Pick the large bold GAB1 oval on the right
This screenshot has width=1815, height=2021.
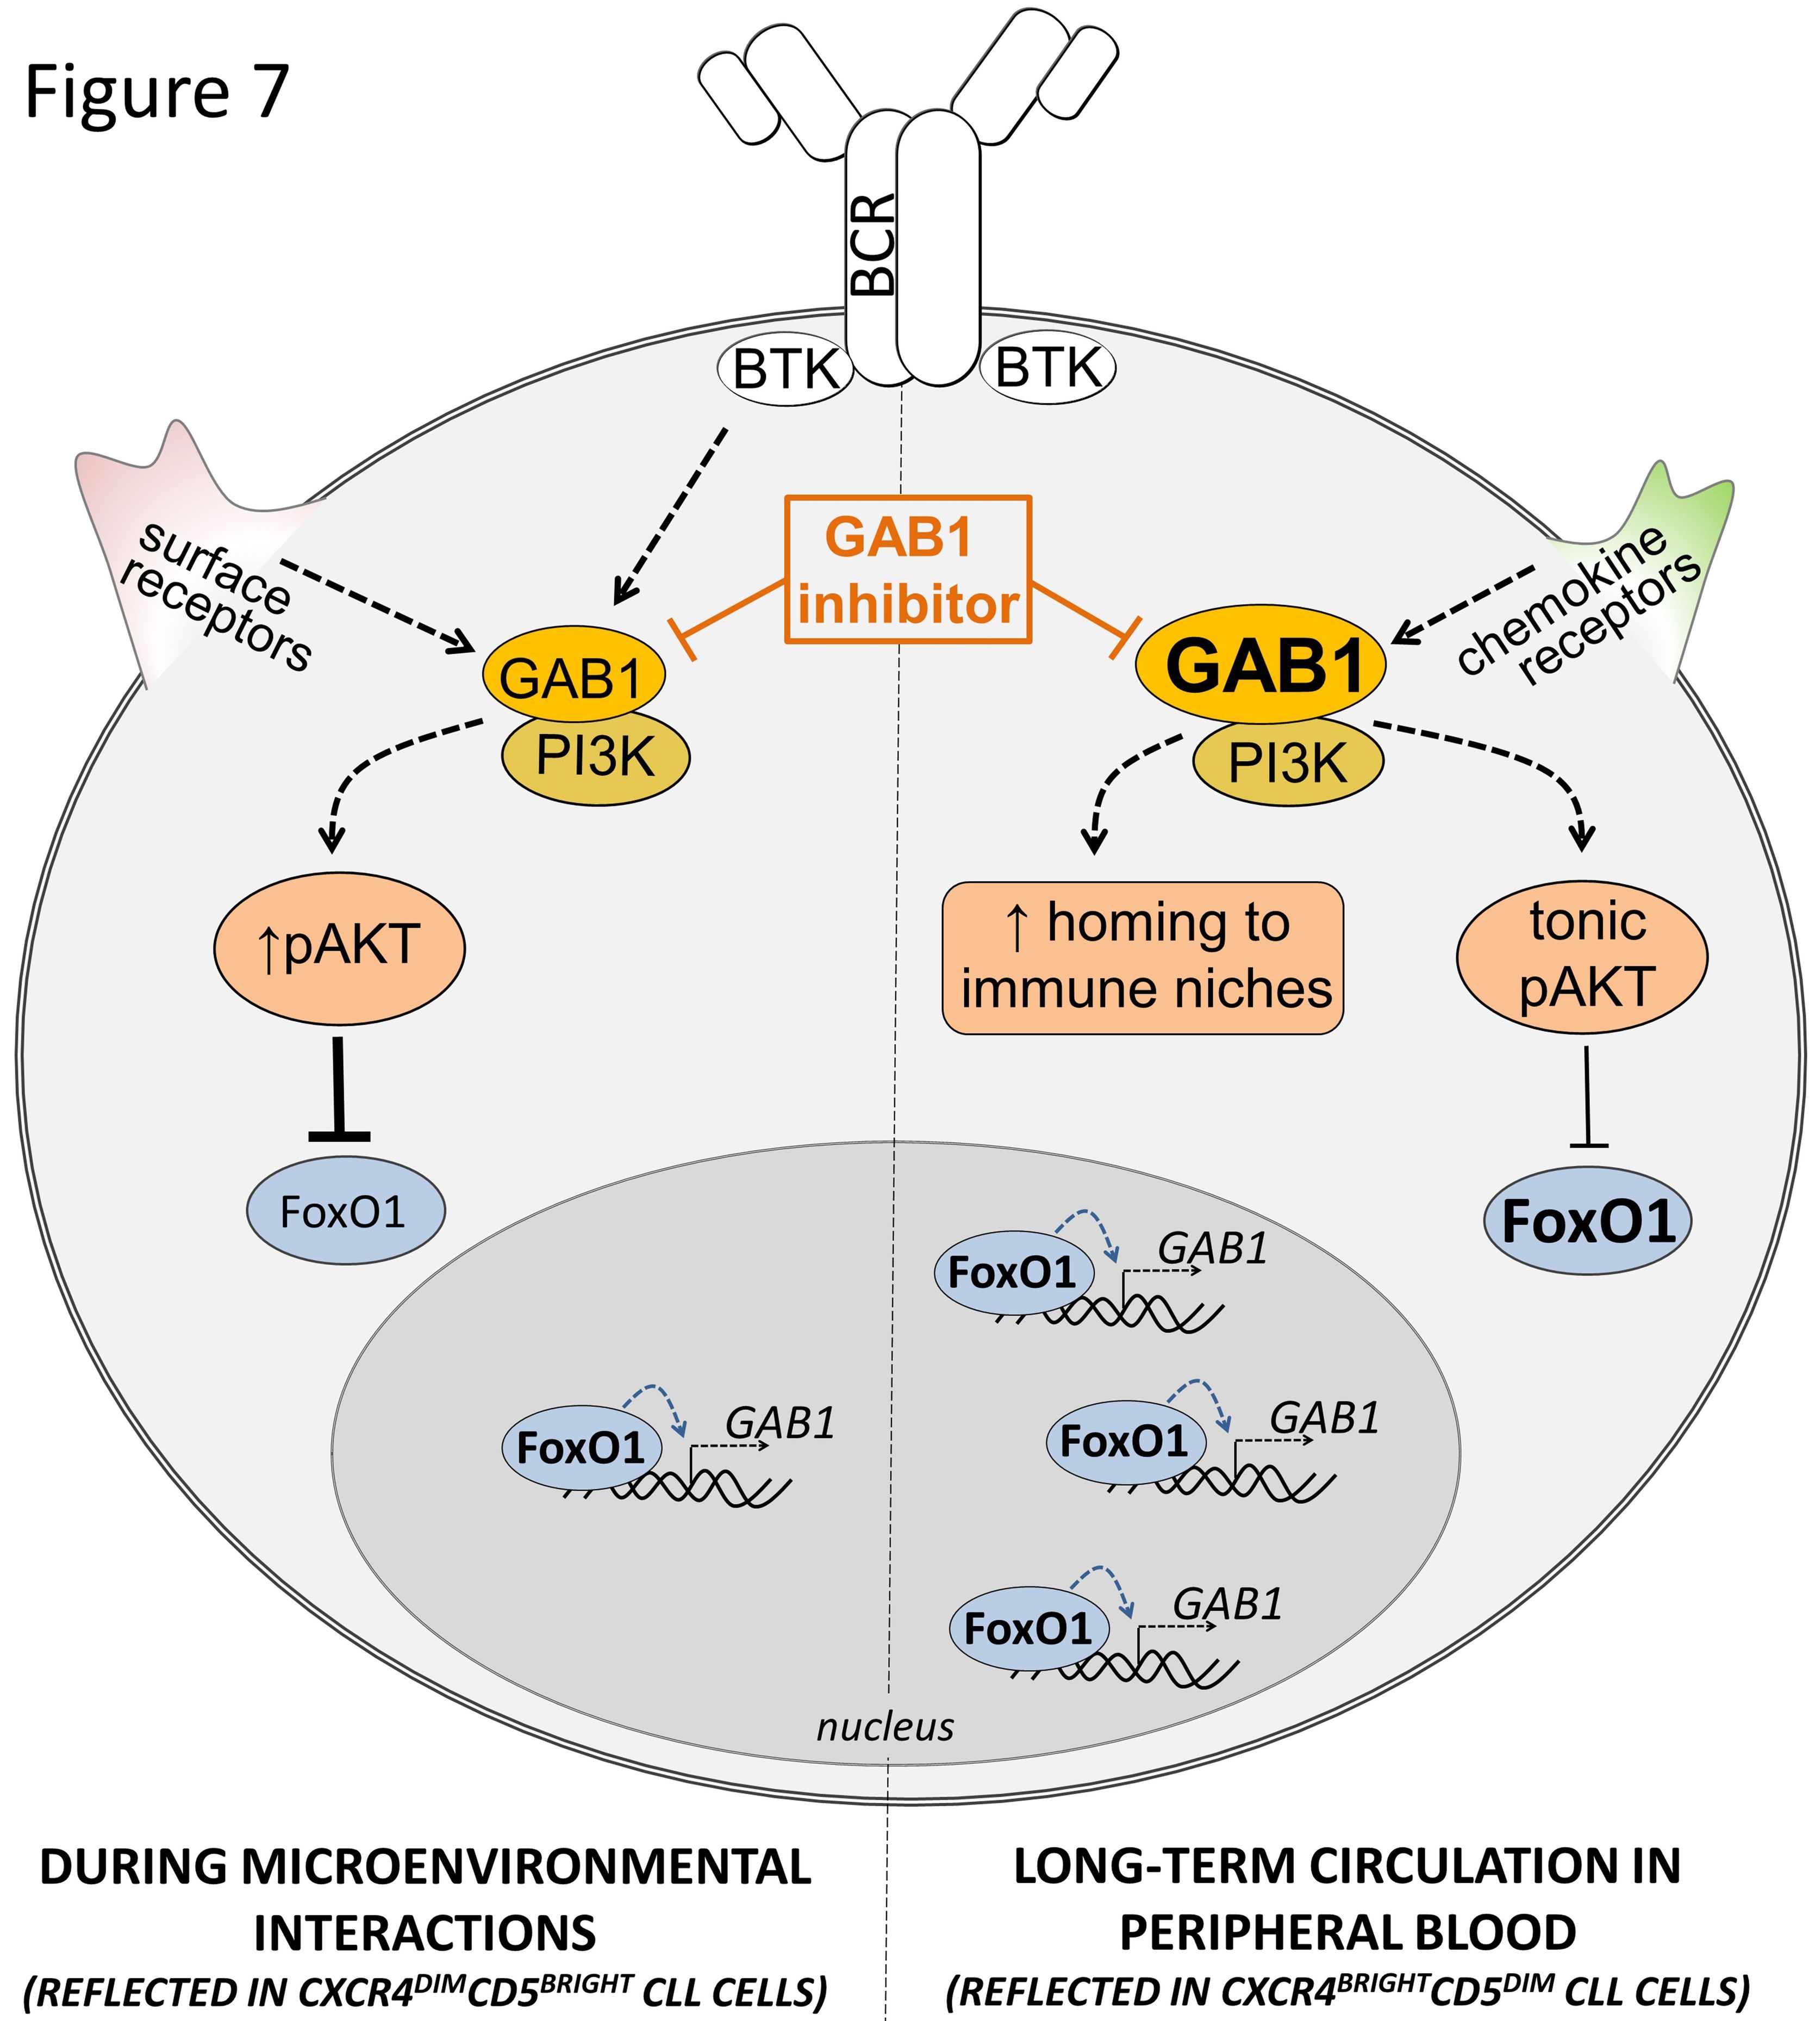1262,665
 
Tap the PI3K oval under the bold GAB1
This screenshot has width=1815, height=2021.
1287,763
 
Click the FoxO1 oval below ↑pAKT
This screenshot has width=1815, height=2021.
345,1212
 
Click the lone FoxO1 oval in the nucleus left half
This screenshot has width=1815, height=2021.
582,1448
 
